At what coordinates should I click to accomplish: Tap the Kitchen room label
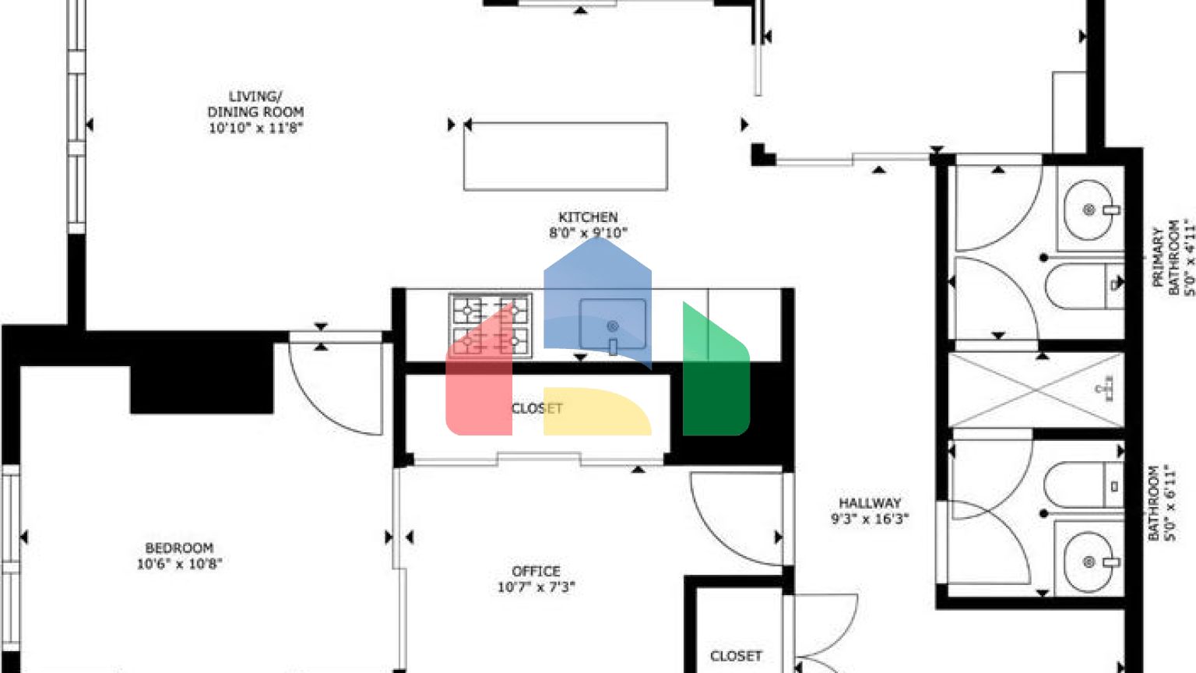[588, 217]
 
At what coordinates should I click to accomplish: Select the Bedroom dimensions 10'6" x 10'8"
[179, 564]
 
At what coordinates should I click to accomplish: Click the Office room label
[536, 572]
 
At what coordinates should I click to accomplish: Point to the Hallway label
[870, 503]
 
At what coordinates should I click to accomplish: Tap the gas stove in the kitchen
[491, 326]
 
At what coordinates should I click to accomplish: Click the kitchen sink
[613, 326]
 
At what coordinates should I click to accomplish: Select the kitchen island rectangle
[565, 156]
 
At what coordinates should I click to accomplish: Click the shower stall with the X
[1036, 389]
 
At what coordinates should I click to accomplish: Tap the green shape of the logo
[715, 374]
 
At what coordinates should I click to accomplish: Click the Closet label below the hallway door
[736, 656]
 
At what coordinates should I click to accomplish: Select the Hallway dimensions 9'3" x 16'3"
[870, 519]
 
